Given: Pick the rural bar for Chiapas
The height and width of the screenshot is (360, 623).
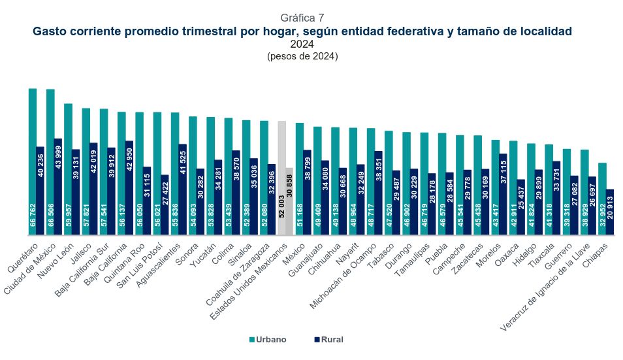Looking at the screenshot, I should click(x=610, y=212).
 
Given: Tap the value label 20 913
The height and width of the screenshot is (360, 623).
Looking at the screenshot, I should click(x=610, y=218).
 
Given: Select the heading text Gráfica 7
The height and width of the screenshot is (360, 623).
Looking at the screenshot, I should click(x=302, y=17).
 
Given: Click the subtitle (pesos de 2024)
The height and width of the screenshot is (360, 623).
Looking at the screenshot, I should click(x=302, y=57).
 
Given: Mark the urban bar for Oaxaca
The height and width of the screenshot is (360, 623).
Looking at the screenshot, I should click(x=513, y=187).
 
